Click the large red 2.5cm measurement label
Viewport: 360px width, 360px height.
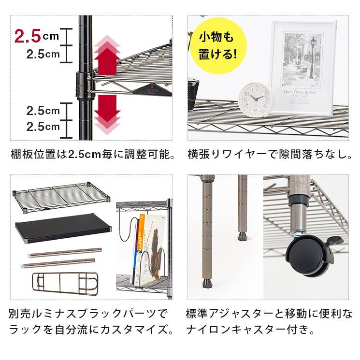(x=36, y=36)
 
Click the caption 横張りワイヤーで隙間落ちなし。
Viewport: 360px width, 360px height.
(x=269, y=155)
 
